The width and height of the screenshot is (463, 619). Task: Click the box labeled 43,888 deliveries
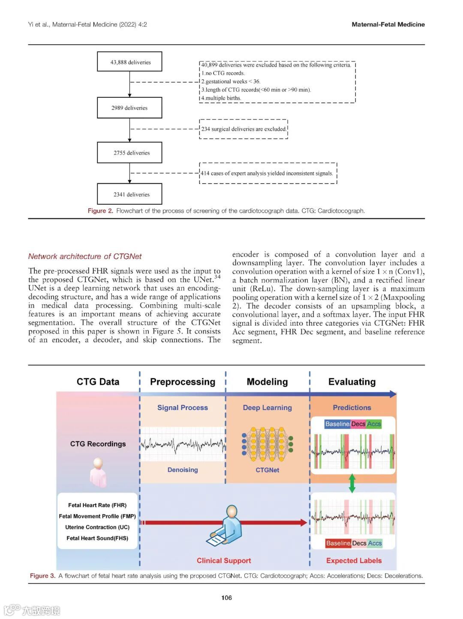[x=129, y=62]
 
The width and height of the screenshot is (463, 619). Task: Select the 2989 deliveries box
[x=129, y=108]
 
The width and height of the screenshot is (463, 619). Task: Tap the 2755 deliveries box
[x=129, y=153]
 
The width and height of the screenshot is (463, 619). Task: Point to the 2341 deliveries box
[x=129, y=194]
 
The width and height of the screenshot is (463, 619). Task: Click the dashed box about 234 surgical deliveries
[x=244, y=129]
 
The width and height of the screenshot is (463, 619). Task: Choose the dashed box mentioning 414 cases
[x=268, y=173]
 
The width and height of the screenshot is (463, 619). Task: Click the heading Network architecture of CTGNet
[x=85, y=257]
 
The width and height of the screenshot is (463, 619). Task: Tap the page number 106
[x=226, y=598]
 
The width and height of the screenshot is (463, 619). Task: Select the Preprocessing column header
[x=183, y=382]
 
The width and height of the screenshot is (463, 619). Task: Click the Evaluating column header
[x=352, y=382]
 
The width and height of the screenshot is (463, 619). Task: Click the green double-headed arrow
[x=352, y=483]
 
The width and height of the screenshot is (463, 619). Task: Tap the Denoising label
[x=183, y=470]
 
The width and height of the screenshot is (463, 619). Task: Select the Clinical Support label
[x=224, y=561]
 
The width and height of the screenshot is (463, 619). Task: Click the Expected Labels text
[x=354, y=561]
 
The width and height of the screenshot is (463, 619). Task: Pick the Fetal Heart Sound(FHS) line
[x=97, y=538]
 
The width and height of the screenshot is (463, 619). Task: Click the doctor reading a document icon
[x=226, y=525]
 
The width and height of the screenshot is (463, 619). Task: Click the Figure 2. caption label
[x=100, y=211]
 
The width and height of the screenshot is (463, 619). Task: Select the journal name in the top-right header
[x=388, y=24]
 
